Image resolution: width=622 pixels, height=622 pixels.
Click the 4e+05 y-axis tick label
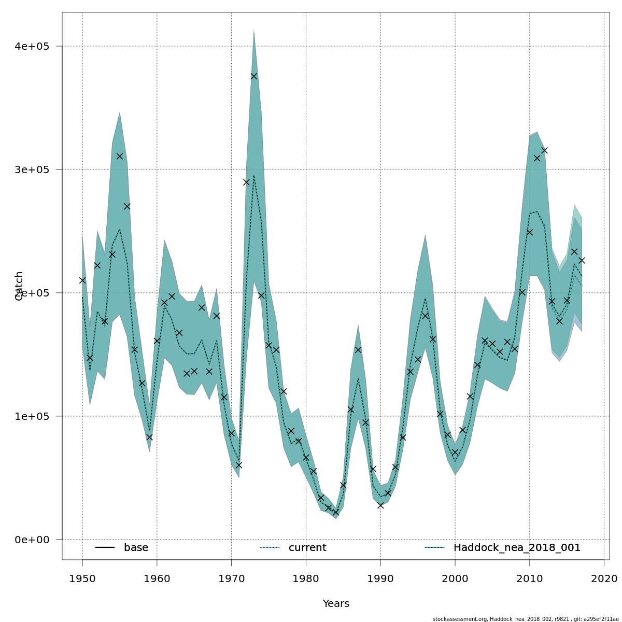[32, 46]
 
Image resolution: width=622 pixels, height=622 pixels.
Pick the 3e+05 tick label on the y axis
[32, 169]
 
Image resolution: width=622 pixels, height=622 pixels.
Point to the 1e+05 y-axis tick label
[32, 416]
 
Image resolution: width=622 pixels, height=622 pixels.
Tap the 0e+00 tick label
[32, 540]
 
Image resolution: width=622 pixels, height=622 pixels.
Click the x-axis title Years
[336, 604]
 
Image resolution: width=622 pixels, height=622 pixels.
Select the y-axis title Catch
[19, 286]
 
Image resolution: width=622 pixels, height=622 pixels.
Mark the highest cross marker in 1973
[254, 76]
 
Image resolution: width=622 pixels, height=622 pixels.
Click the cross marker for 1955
[120, 156]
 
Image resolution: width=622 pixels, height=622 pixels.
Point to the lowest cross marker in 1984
[335, 512]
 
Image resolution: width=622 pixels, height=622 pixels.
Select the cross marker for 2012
[544, 150]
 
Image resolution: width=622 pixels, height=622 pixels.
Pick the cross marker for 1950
[82, 280]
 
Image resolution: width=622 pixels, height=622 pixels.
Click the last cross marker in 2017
[582, 260]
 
